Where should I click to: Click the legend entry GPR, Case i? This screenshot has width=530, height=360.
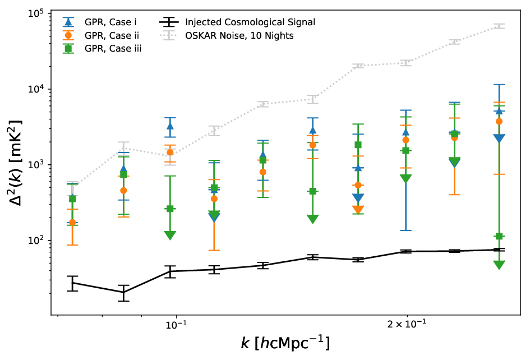click(110, 22)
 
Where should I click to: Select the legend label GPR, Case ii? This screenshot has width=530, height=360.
click(112, 35)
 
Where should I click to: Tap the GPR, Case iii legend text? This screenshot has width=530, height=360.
click(113, 49)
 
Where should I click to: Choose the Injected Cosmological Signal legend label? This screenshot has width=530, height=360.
click(250, 22)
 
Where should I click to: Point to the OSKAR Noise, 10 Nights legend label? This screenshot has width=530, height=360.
click(239, 35)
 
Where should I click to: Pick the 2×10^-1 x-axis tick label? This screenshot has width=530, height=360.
click(407, 325)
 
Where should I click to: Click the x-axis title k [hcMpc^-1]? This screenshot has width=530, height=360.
click(285, 343)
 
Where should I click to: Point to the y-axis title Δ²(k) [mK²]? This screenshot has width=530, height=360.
click(15, 163)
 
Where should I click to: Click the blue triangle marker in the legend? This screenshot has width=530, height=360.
click(68, 22)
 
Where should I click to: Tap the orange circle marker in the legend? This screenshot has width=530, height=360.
click(68, 35)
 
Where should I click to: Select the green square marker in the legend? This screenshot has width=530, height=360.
click(68, 49)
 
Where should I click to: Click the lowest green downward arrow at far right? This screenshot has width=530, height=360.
click(499, 265)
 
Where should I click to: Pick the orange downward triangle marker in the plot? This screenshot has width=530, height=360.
click(358, 210)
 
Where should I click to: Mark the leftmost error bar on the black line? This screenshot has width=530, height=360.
click(72, 283)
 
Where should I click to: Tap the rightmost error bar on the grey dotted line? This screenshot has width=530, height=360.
click(499, 26)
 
